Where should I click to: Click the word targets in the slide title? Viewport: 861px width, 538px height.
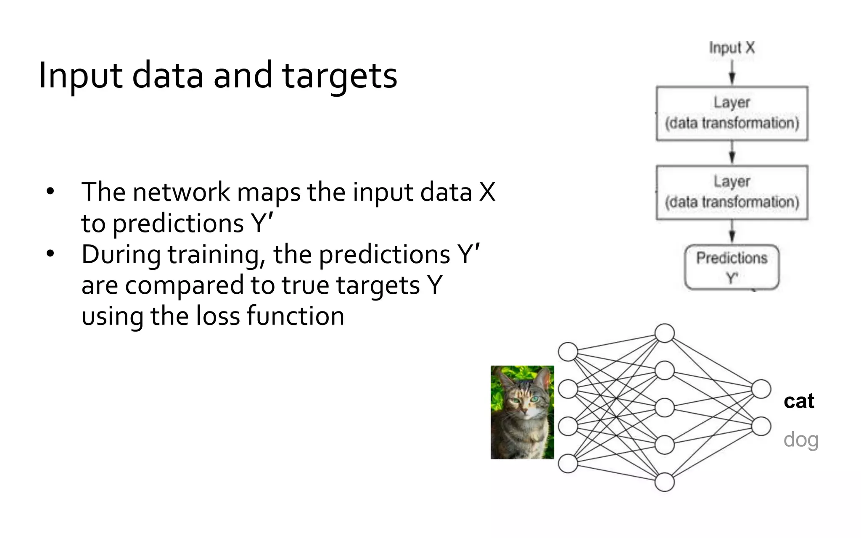tap(339, 76)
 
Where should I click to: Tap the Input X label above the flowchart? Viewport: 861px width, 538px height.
tap(732, 48)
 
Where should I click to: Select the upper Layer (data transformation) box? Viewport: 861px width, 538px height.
tap(732, 113)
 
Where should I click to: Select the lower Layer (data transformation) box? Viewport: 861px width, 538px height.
tap(732, 193)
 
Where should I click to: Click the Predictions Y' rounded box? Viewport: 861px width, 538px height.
tap(732, 267)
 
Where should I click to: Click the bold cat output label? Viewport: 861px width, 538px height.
tap(799, 401)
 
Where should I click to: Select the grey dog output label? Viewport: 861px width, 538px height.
tap(801, 440)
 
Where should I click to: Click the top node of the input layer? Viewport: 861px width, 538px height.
tap(568, 352)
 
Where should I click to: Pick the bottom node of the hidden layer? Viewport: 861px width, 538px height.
tap(665, 482)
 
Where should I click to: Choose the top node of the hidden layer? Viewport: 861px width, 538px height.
tap(665, 333)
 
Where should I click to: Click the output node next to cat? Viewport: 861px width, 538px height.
tap(761, 389)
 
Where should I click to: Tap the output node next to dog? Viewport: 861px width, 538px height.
tap(761, 426)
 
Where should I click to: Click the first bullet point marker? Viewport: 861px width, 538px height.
tap(50, 192)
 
